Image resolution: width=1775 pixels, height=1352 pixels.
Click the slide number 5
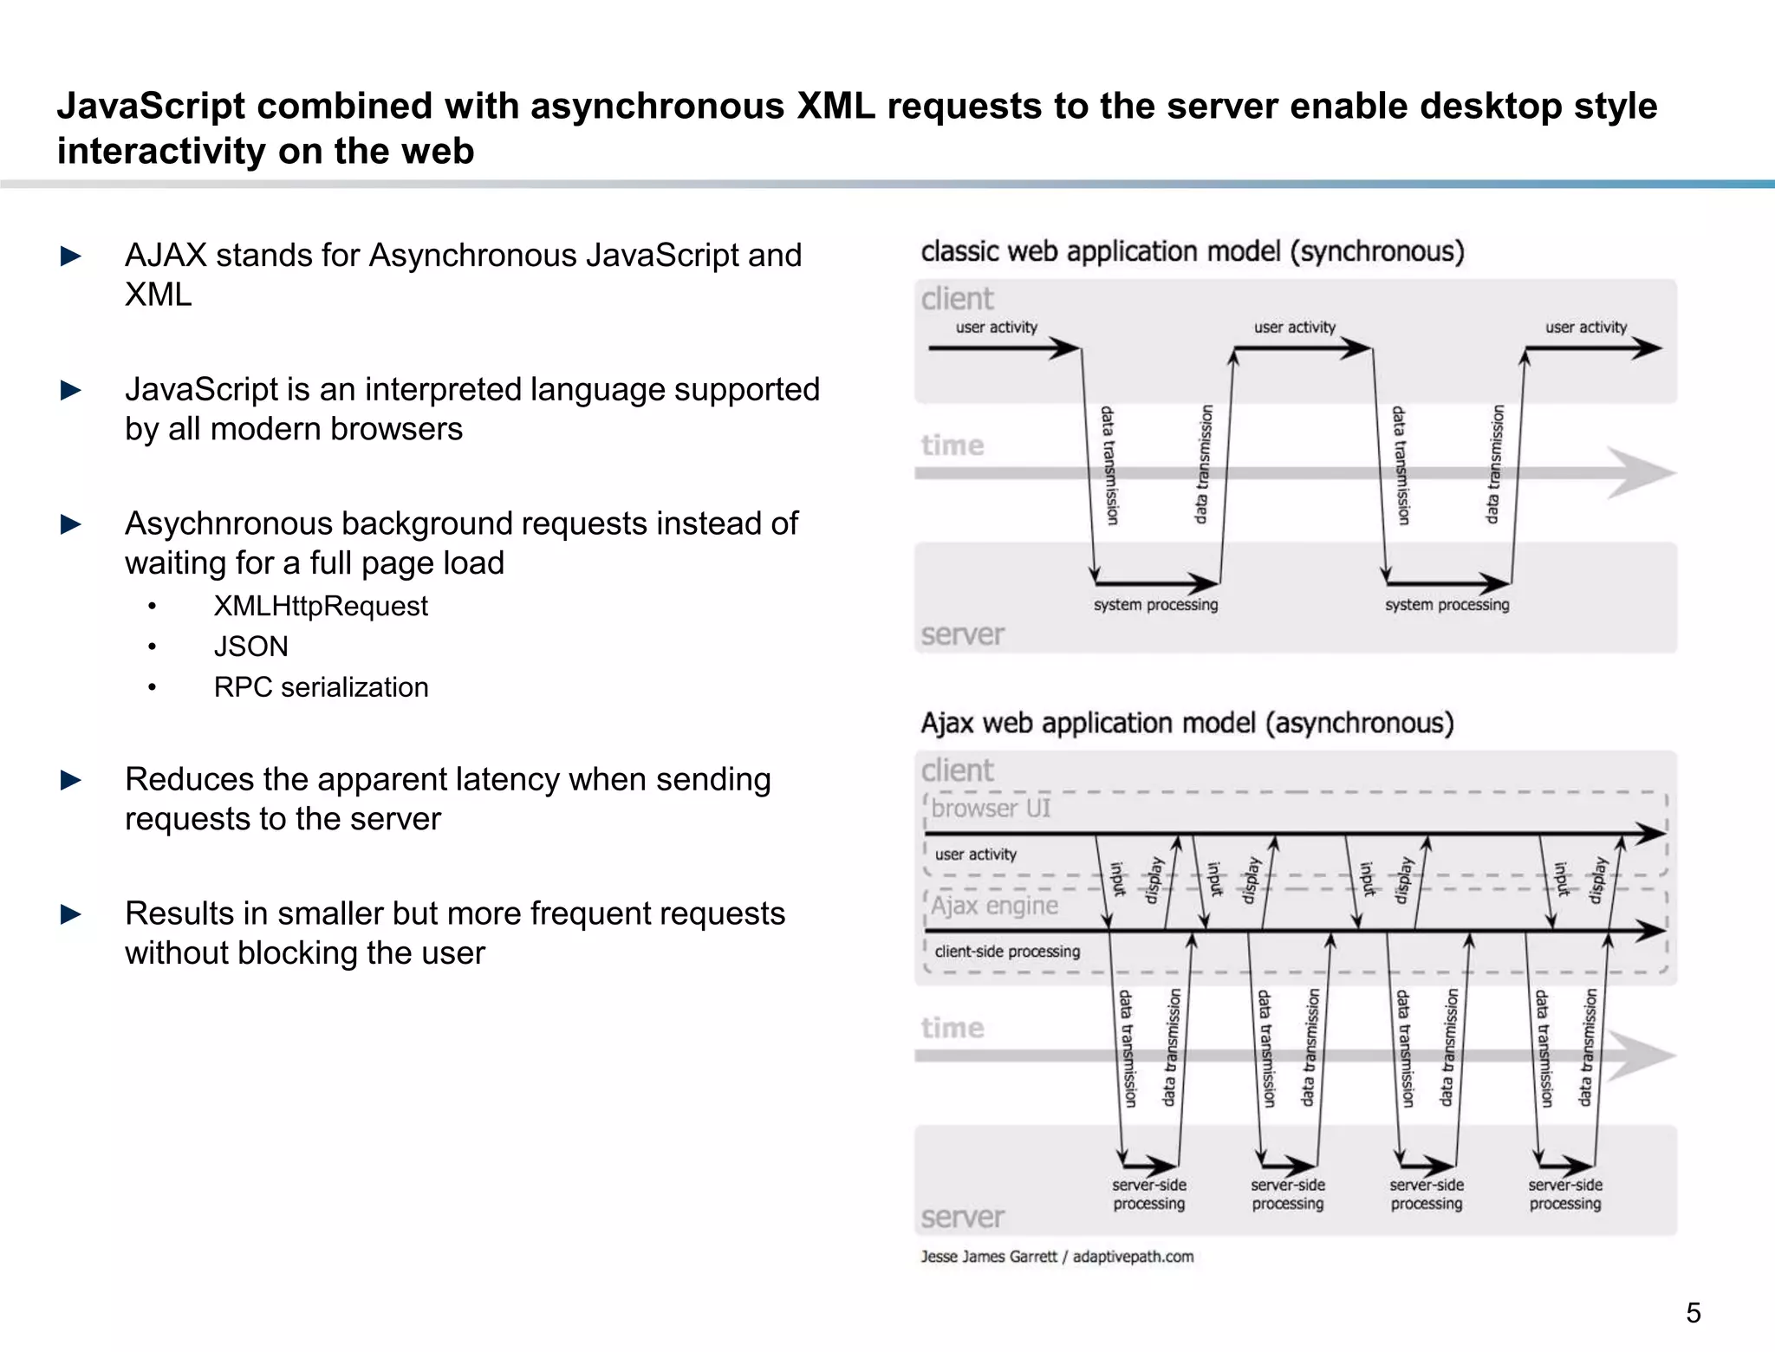(x=1693, y=1313)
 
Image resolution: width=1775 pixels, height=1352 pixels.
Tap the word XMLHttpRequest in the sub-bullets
(x=321, y=606)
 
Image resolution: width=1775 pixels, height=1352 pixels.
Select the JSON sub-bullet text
(x=250, y=647)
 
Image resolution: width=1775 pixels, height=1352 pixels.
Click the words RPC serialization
(x=321, y=687)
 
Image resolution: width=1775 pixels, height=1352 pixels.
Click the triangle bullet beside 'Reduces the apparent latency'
(x=71, y=780)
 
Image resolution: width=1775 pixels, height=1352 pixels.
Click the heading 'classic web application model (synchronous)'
(x=1192, y=251)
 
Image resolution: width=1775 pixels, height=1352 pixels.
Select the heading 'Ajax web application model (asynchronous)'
(x=1187, y=723)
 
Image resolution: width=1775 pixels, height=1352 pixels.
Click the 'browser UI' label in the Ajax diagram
(x=991, y=809)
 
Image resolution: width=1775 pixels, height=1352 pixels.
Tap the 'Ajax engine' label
(x=995, y=906)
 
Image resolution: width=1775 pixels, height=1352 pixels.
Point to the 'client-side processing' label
(x=1007, y=952)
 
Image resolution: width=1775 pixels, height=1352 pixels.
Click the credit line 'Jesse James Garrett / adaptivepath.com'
(x=1057, y=1257)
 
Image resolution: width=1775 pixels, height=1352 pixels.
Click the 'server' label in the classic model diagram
(x=962, y=634)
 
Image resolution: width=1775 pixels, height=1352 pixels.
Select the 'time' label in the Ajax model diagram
(x=953, y=1028)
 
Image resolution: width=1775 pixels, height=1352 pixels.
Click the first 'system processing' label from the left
(x=1155, y=605)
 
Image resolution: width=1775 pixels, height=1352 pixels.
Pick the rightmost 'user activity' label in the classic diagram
(x=1585, y=328)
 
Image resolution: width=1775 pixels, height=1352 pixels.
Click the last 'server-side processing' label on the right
(x=1564, y=1194)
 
